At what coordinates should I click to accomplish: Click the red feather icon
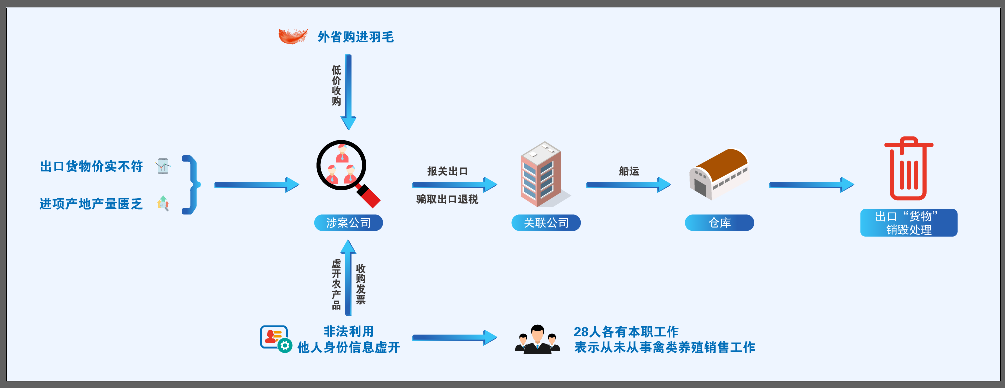(293, 36)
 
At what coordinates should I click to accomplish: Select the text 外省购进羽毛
(355, 37)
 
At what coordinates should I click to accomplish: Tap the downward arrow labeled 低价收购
(348, 92)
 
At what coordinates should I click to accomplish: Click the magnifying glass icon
(345, 171)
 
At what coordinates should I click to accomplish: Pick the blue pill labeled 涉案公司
(348, 223)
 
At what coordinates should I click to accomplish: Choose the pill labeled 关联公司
(546, 223)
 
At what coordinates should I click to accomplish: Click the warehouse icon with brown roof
(718, 173)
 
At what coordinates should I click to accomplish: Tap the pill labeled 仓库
(719, 223)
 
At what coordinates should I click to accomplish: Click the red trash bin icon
(908, 169)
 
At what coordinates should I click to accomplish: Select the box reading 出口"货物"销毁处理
(908, 223)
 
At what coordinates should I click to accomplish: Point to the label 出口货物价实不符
(91, 166)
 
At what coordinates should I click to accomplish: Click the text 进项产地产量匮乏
(91, 204)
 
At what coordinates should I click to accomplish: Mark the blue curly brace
(192, 185)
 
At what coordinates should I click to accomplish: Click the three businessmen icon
(537, 339)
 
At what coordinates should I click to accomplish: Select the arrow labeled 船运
(628, 185)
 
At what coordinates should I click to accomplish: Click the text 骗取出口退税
(447, 199)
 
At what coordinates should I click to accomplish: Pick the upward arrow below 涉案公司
(348, 277)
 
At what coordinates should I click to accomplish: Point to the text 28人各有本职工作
(626, 332)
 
